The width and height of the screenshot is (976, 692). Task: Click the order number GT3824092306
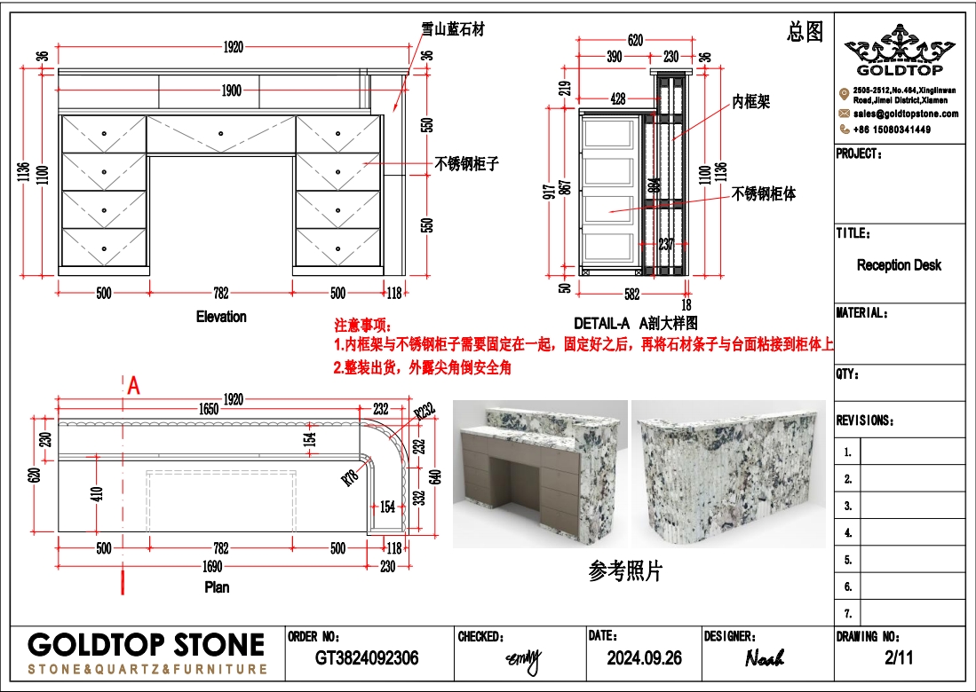click(x=367, y=658)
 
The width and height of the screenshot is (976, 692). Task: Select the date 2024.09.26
click(x=644, y=658)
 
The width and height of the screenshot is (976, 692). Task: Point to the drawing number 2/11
click(x=899, y=658)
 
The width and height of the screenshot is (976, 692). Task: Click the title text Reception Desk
click(x=899, y=265)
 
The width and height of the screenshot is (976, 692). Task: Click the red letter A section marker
click(x=134, y=385)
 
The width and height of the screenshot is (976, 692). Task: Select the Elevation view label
click(x=221, y=317)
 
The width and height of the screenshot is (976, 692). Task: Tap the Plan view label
click(x=217, y=587)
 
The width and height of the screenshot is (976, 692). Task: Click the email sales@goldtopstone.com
click(x=906, y=114)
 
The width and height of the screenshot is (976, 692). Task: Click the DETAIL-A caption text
click(x=601, y=324)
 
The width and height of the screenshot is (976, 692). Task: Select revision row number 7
click(x=848, y=614)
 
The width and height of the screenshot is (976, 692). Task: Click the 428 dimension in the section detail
click(x=618, y=100)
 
